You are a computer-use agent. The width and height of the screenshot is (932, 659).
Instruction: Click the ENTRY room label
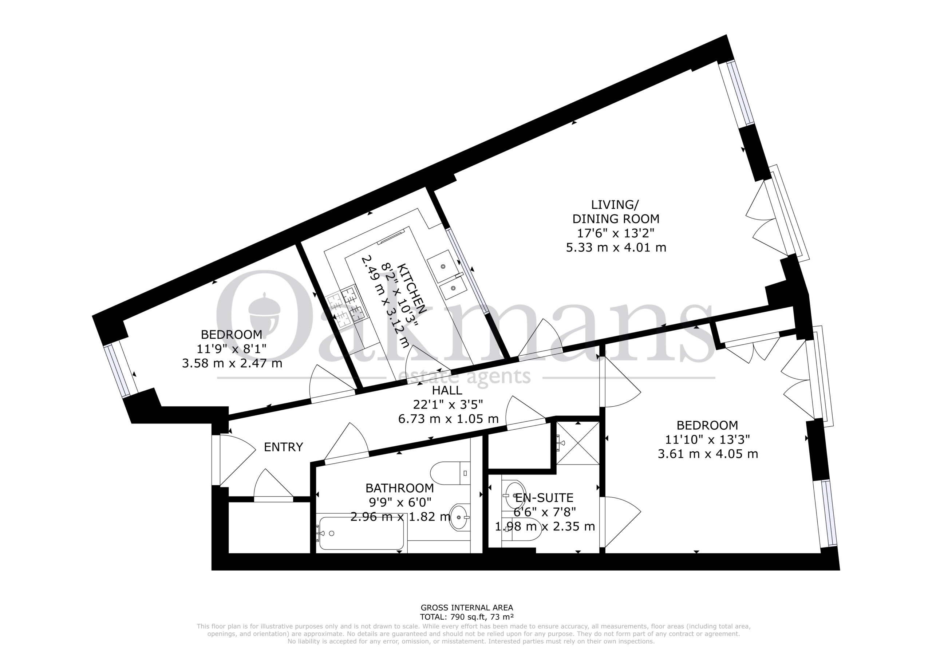coord(283,447)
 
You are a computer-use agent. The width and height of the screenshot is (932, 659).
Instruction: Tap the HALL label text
coord(447,390)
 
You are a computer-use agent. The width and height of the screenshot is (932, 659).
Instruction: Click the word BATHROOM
coord(399,488)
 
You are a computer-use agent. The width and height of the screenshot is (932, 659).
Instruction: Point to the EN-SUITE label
coord(544,497)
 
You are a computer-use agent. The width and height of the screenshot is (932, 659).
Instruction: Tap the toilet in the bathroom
coord(450,473)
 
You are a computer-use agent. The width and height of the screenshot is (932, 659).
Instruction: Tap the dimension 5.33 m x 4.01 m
coord(616,247)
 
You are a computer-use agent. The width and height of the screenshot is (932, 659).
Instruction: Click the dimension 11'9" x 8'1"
coord(232,349)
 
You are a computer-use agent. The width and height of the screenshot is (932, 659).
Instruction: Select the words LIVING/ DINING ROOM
coord(616,212)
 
